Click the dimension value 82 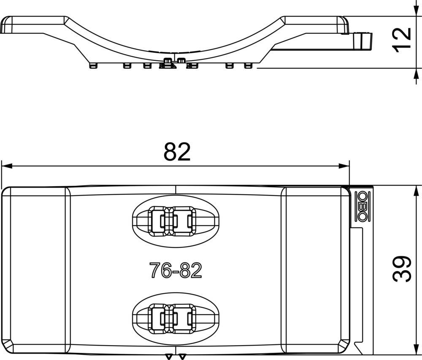tap(177, 152)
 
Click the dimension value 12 tap(402, 40)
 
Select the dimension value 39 tap(402, 269)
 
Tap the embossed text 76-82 tap(176, 270)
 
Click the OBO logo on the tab tap(362, 206)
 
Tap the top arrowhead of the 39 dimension tap(417, 191)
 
